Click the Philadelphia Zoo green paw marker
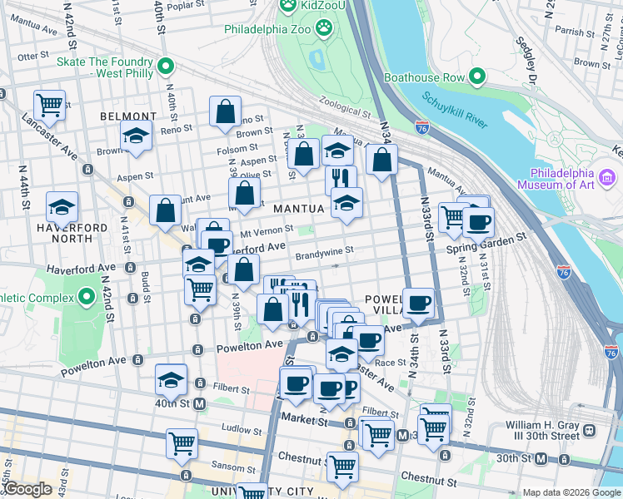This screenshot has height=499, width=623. point(324,29)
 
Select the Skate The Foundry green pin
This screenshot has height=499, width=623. point(166,66)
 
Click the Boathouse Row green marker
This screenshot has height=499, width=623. point(477,78)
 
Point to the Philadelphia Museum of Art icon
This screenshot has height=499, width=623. point(607,177)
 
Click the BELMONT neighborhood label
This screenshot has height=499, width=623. point(127,117)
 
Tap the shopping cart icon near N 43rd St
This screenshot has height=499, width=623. point(49,105)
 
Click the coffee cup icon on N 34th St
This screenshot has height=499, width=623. point(418,303)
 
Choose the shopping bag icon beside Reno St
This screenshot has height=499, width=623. point(225,111)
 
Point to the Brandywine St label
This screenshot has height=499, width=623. point(325,249)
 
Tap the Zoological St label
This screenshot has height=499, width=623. point(343,111)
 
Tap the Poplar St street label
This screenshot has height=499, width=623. point(185,6)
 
